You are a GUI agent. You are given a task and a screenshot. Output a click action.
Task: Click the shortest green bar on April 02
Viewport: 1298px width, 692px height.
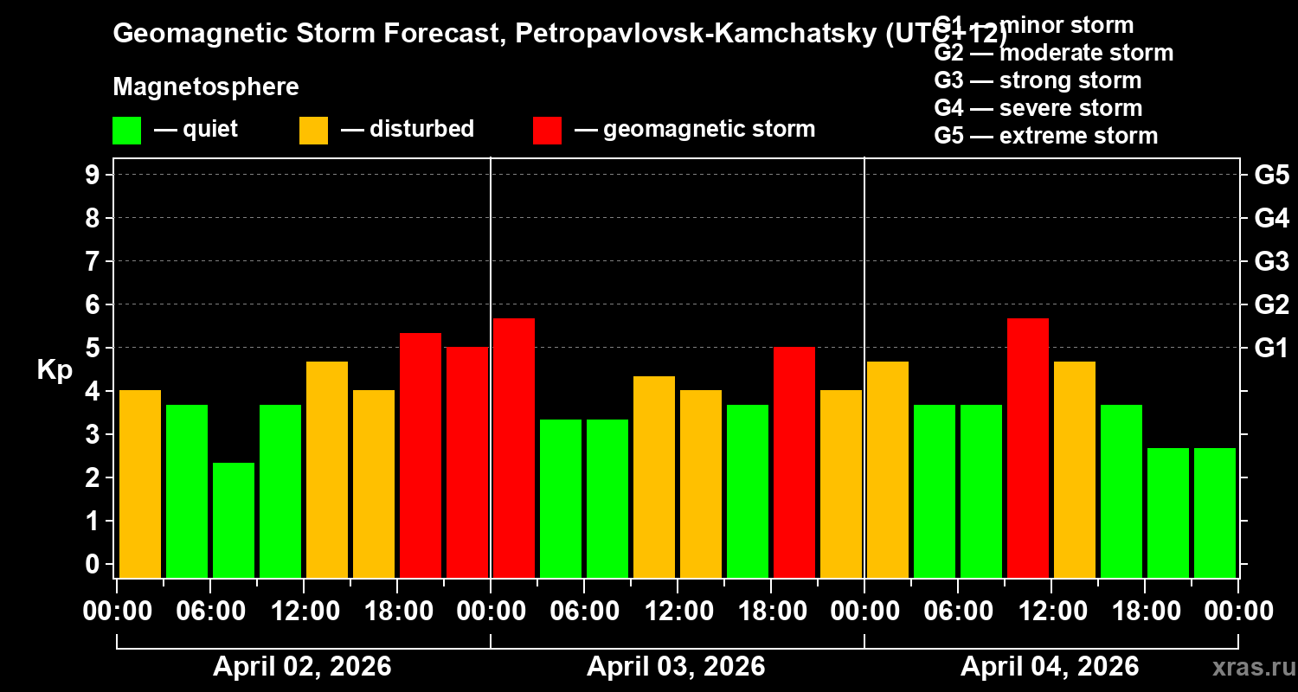pyautogui.click(x=234, y=520)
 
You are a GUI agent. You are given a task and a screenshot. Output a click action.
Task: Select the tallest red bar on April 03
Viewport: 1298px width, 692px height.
pyautogui.click(x=514, y=447)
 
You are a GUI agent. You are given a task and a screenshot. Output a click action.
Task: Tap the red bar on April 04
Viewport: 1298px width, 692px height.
pyautogui.click(x=1028, y=447)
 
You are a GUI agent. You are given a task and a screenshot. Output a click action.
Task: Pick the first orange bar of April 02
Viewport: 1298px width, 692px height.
pyautogui.click(x=140, y=484)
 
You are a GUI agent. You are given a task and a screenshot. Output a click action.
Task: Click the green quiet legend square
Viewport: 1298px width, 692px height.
pyautogui.click(x=126, y=131)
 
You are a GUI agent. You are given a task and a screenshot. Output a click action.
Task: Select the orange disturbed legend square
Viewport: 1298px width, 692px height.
pyautogui.click(x=313, y=131)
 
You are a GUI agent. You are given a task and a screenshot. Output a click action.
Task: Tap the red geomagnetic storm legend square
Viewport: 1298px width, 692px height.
pyautogui.click(x=547, y=131)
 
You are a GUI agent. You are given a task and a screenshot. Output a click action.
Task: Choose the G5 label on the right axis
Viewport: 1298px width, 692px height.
pyautogui.click(x=1271, y=176)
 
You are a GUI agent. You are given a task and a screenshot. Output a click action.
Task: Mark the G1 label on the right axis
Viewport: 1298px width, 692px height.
pyautogui.click(x=1271, y=349)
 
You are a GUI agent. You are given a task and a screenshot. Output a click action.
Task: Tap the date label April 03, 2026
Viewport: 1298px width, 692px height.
pyautogui.click(x=676, y=666)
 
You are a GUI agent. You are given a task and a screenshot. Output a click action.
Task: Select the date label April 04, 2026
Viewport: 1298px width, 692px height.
pyautogui.click(x=1050, y=666)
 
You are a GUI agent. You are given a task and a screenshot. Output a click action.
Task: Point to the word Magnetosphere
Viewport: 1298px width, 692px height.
pyautogui.click(x=206, y=87)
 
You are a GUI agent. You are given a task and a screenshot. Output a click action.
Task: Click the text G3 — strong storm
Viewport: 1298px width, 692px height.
pyautogui.click(x=1038, y=80)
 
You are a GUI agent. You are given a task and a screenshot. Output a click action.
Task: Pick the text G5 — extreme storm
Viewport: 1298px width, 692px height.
pyautogui.click(x=1045, y=136)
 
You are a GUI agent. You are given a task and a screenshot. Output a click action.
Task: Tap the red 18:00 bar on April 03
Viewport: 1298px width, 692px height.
pyautogui.click(x=794, y=462)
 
